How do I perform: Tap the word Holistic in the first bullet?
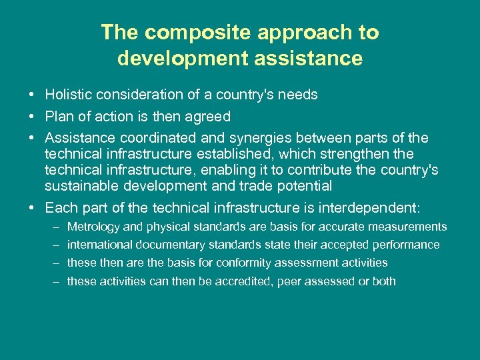click(69, 95)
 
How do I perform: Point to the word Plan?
click(59, 117)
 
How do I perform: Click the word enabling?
click(227, 170)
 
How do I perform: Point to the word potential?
click(303, 186)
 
